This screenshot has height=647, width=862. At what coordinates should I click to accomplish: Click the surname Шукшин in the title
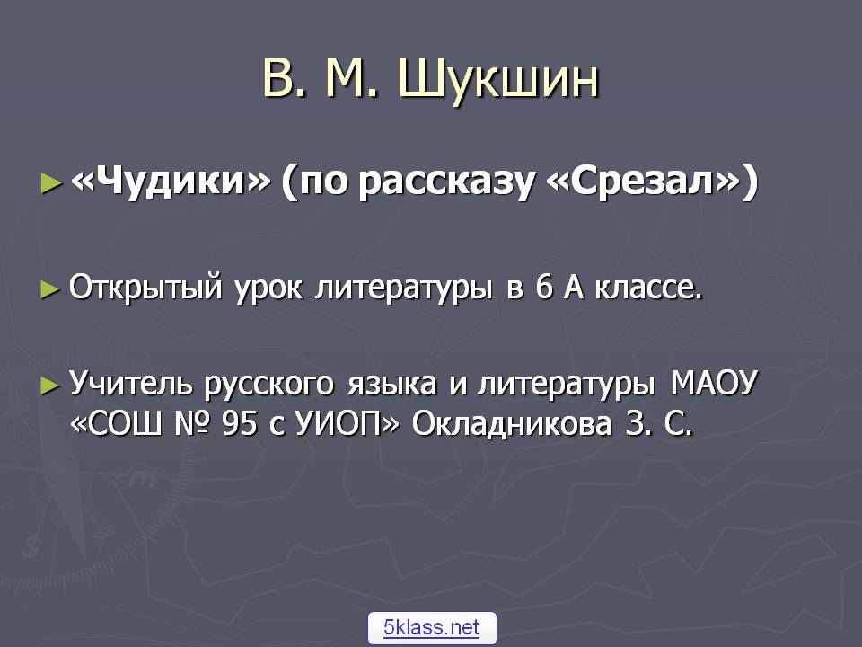point(498,80)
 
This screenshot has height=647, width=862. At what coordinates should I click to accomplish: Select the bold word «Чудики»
point(171,180)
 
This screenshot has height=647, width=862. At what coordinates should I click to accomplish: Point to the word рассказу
point(446,183)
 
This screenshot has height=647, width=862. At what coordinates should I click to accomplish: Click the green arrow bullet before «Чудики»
point(51,183)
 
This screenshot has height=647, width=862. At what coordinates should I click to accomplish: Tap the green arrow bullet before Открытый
point(50,289)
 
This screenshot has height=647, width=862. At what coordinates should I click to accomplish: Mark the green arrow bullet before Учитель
point(50,386)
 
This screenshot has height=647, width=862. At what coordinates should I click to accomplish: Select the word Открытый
point(145,288)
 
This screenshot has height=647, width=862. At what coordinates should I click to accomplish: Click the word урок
point(268,288)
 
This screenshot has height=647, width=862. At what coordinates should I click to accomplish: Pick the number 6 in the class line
point(544,288)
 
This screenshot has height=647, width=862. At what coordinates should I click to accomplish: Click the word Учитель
point(131,384)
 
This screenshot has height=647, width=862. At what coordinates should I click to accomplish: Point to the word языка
point(391,385)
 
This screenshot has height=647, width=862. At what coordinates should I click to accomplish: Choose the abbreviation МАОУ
point(714,383)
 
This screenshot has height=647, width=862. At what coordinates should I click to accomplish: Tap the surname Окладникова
point(512,424)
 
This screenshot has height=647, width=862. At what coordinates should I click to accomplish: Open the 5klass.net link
point(432,627)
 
